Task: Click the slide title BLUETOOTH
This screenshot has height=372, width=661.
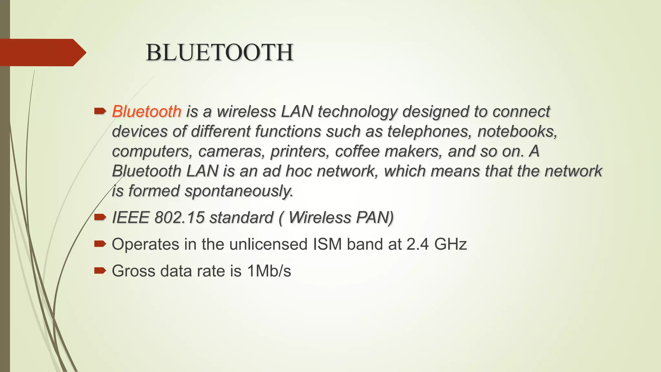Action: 219,53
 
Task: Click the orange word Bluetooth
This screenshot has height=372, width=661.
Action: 147,112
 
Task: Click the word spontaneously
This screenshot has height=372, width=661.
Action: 239,191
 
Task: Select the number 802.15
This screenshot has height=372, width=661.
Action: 179,218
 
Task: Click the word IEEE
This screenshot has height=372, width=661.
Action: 130,218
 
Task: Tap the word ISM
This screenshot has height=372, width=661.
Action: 327,244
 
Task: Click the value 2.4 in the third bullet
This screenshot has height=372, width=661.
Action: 418,244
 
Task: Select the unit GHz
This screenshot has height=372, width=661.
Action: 451,244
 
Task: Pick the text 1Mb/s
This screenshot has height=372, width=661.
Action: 269,271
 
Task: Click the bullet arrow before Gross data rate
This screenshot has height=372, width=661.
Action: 100,270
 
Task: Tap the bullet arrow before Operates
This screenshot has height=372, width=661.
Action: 100,244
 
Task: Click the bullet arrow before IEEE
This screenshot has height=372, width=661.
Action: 100,217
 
